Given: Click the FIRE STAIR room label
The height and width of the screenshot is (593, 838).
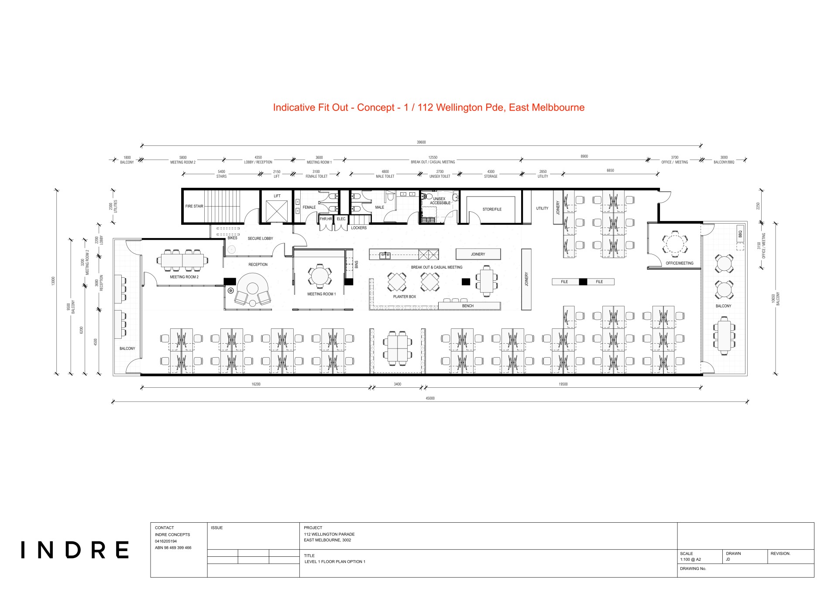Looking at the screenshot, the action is coord(194,206).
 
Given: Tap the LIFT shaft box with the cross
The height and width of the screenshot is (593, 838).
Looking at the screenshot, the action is coord(277,211).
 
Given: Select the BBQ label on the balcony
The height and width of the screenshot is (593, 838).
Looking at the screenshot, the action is coord(740,234).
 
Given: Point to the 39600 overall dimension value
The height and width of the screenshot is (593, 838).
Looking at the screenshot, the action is coord(421,142).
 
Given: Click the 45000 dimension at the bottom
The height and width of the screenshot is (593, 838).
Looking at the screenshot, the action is coord(430,398).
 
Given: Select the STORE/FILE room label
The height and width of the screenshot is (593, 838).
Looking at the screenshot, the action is coord(492,209).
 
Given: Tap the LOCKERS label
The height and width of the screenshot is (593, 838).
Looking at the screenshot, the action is coord(359,228).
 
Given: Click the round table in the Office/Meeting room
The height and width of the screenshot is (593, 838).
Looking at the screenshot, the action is coord(674,243).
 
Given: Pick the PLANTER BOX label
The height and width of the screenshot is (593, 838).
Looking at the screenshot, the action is coord(405,296).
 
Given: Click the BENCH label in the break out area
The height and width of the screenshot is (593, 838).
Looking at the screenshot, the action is coord(468,306).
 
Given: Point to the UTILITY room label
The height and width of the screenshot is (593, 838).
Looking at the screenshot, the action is coord(542,208).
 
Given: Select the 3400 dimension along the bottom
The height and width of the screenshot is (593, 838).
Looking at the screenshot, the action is coord(398,384).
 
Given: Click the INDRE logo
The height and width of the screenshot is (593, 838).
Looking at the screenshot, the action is coord(75,550).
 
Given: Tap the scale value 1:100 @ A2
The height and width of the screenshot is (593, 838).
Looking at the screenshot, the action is coord(690,559).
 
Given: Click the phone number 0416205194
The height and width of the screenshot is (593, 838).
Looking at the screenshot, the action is coord(166,541).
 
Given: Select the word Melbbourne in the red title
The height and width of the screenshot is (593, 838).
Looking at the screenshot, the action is coord(558,107).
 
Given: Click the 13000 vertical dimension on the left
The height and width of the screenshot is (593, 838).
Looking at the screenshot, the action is coord(54,281).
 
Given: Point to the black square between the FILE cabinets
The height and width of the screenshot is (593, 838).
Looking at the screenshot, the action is coord(583,282).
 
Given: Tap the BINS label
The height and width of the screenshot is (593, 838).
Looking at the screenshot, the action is coord(357,264).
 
